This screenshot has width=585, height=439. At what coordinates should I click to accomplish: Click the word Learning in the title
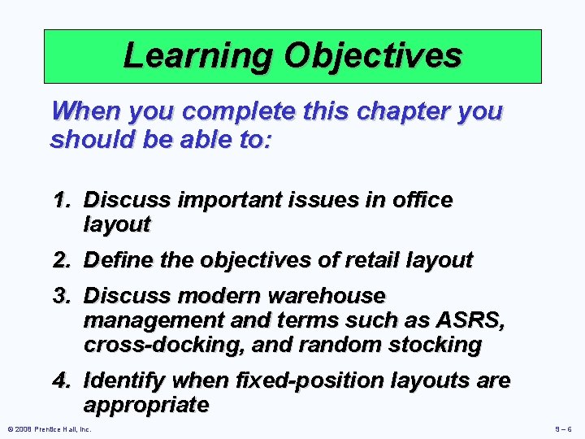(x=197, y=56)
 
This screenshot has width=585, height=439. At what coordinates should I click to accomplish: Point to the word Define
(x=119, y=260)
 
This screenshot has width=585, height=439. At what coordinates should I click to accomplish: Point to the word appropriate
(x=146, y=405)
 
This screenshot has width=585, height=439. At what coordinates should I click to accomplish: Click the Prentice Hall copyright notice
(x=49, y=428)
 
